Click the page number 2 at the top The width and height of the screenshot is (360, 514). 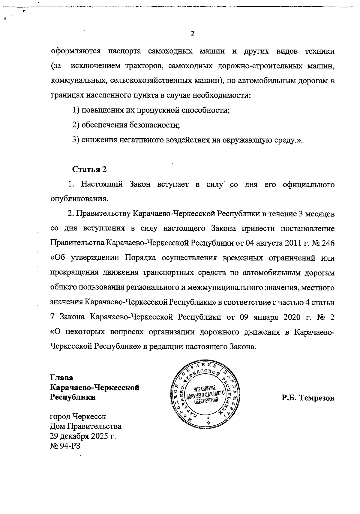[193, 34]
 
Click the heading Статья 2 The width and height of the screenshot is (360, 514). [89, 169]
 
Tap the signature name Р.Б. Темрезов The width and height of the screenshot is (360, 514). [308, 398]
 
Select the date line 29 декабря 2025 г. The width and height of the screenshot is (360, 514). [83, 436]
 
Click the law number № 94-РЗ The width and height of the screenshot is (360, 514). [65, 446]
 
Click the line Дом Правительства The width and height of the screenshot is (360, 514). [85, 426]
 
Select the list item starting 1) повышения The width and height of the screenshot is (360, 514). [151, 110]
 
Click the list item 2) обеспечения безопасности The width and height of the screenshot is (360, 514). [126, 125]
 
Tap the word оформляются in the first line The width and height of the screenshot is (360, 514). [76, 52]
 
